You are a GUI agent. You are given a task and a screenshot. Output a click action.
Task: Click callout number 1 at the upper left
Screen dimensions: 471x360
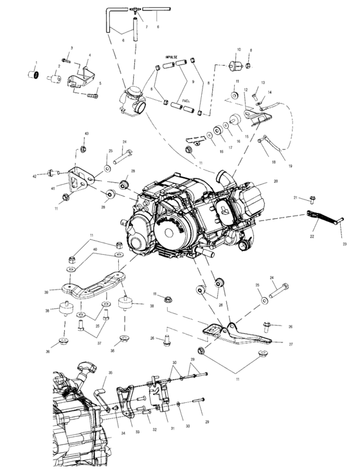click(x=36, y=62)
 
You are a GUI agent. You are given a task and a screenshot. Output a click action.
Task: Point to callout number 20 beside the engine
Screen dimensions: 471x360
click(x=275, y=181)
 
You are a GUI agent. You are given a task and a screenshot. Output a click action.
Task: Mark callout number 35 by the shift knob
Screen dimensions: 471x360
click(x=110, y=373)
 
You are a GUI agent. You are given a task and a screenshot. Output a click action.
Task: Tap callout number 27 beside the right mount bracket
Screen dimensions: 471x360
click(x=291, y=345)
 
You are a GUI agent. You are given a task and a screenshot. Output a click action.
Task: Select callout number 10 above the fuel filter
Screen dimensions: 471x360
click(x=239, y=50)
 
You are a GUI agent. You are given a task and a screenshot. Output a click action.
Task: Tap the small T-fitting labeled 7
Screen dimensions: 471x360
click(x=137, y=11)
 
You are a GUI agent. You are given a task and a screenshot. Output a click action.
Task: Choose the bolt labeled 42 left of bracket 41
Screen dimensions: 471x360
click(x=51, y=172)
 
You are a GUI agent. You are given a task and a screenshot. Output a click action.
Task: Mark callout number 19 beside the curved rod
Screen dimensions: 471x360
click(x=290, y=166)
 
